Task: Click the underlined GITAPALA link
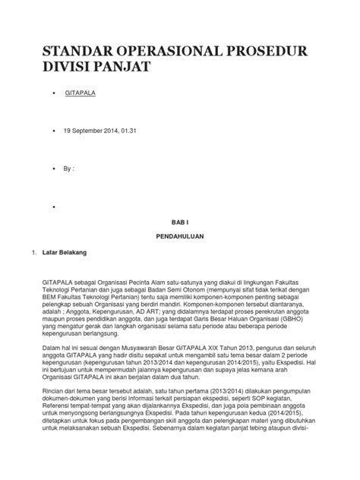tap(80, 95)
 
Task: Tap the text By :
tap(69, 169)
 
